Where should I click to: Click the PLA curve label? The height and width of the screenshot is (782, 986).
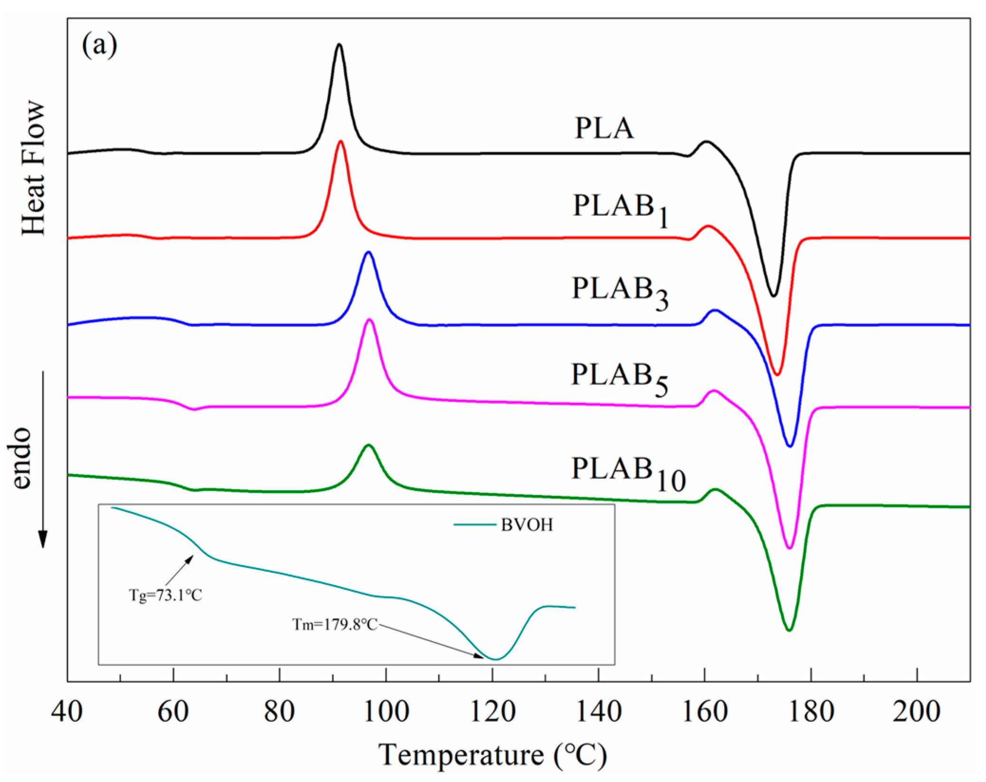pyautogui.click(x=604, y=128)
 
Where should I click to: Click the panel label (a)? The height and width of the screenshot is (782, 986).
pyautogui.click(x=99, y=46)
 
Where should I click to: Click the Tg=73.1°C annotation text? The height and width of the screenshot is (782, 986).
pyautogui.click(x=165, y=595)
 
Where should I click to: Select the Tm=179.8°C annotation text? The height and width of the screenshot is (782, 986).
pyautogui.click(x=335, y=624)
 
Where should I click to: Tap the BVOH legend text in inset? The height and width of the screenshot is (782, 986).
pyautogui.click(x=527, y=525)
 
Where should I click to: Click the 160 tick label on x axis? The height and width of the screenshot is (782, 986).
pyautogui.click(x=704, y=712)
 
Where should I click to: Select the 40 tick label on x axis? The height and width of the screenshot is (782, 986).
pyautogui.click(x=67, y=712)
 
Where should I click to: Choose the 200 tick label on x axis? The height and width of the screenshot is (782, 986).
pyautogui.click(x=916, y=712)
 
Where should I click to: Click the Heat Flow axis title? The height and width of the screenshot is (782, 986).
pyautogui.click(x=33, y=168)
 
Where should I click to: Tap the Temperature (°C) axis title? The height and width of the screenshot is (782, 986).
pyautogui.click(x=492, y=755)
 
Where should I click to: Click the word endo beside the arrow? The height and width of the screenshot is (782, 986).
pyautogui.click(x=21, y=458)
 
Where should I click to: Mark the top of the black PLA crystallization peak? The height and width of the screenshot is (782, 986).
pyautogui.click(x=338, y=45)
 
